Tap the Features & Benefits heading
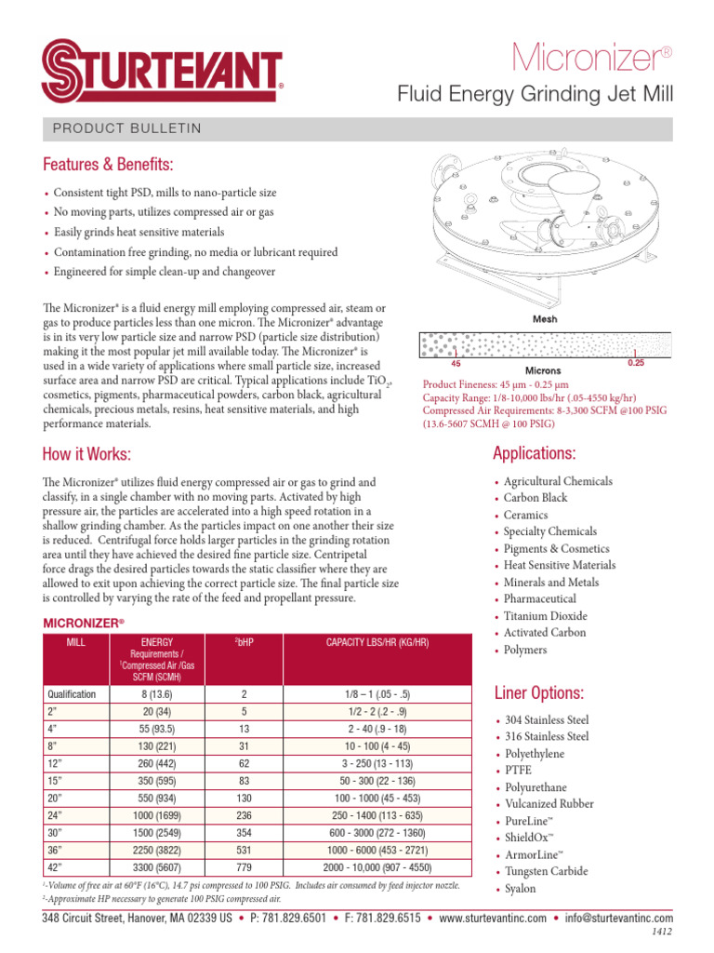click(x=108, y=165)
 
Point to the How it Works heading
click(x=86, y=453)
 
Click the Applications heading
click(x=535, y=453)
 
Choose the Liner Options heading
click(x=538, y=693)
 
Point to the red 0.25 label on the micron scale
click(x=635, y=364)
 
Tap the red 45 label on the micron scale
click(x=456, y=364)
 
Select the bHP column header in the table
click(x=244, y=642)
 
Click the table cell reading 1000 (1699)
click(x=156, y=814)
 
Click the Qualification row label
click(x=72, y=693)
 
